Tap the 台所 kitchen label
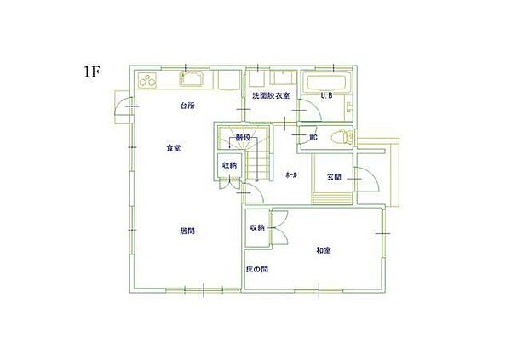pos(187,106)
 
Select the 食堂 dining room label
pos(173,148)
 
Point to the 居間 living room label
pos(187,230)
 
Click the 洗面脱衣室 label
pos(271,96)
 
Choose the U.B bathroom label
pos(326,96)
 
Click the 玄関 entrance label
pos(334,177)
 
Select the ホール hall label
pos(290,174)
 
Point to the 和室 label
pos(323,249)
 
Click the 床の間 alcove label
pos(257,269)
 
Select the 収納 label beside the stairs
pos(230,165)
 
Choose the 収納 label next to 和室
pos(257,228)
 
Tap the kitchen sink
pos(193,81)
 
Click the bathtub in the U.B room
pos(327,83)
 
